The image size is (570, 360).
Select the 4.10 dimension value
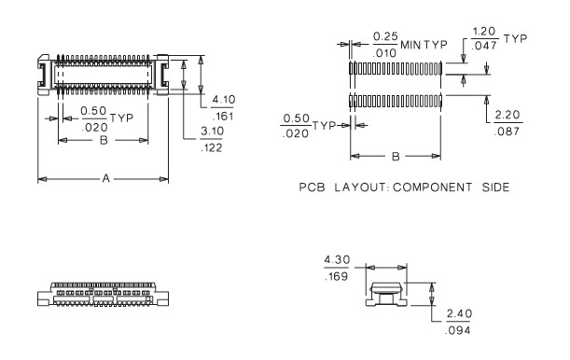point(223,99)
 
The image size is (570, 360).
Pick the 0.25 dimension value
point(383,36)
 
